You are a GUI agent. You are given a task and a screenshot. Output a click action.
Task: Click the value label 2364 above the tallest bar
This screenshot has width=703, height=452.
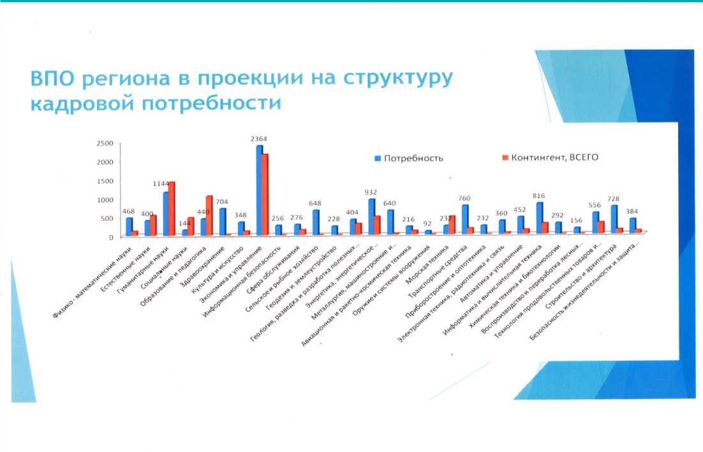pyautogui.click(x=259, y=139)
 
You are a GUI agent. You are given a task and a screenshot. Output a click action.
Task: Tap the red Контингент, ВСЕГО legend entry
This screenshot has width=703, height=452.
pyautogui.click(x=548, y=157)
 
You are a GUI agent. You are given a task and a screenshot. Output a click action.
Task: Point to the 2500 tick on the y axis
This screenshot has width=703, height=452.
pyautogui.click(x=103, y=143)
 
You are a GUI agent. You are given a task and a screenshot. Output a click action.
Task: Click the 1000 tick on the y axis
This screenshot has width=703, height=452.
pyautogui.click(x=103, y=199)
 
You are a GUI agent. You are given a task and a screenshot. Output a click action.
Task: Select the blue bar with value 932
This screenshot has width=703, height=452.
pyautogui.click(x=371, y=217)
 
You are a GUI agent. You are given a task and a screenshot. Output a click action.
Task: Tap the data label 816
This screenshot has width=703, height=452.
pyautogui.click(x=539, y=196)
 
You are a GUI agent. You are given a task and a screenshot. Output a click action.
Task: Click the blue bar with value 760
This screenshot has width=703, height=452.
pyautogui.click(x=465, y=220)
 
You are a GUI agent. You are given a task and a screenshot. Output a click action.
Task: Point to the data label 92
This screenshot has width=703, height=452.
pyautogui.click(x=428, y=224)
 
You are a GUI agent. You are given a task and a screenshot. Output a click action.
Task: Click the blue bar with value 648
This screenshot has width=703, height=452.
pyautogui.click(x=315, y=222)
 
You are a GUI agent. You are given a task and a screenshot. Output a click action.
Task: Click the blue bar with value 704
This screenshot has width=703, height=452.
pyautogui.click(x=222, y=222)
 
